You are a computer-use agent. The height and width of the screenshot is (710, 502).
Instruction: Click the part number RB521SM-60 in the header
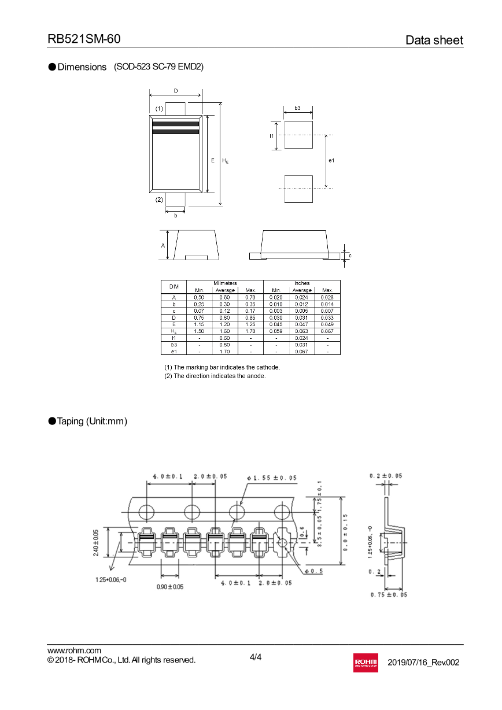tap(84, 39)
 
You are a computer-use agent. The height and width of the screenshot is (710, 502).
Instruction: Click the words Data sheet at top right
tap(434, 40)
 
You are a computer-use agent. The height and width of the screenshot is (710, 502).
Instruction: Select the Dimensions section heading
tap(82, 67)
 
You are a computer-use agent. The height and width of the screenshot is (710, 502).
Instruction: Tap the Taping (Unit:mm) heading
tap(91, 421)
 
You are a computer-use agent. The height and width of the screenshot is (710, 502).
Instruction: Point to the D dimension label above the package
tap(175, 91)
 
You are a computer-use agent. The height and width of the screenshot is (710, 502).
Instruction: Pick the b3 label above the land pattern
tap(297, 108)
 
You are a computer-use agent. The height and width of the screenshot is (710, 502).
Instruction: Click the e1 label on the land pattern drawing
tap(331, 160)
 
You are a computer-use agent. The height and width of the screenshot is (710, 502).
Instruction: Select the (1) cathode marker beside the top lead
tap(159, 109)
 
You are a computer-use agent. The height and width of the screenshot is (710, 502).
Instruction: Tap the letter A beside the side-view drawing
tap(163, 246)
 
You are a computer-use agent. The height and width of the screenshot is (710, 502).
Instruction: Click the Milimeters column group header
tap(225, 283)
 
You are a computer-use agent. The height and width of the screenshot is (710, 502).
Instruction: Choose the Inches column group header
tap(301, 283)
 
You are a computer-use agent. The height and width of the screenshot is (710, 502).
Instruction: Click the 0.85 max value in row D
tap(250, 317)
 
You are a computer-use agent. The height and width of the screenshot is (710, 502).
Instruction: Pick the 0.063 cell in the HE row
tap(301, 331)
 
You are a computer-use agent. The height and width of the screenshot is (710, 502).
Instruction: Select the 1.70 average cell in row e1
tap(225, 351)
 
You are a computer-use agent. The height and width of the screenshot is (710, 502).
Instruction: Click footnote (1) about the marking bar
tap(222, 367)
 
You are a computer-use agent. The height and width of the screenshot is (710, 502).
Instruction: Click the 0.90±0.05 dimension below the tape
tap(169, 586)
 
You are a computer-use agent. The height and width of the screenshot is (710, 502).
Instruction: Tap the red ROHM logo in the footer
tap(365, 662)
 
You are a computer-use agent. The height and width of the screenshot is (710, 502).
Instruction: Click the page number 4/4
tap(256, 657)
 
